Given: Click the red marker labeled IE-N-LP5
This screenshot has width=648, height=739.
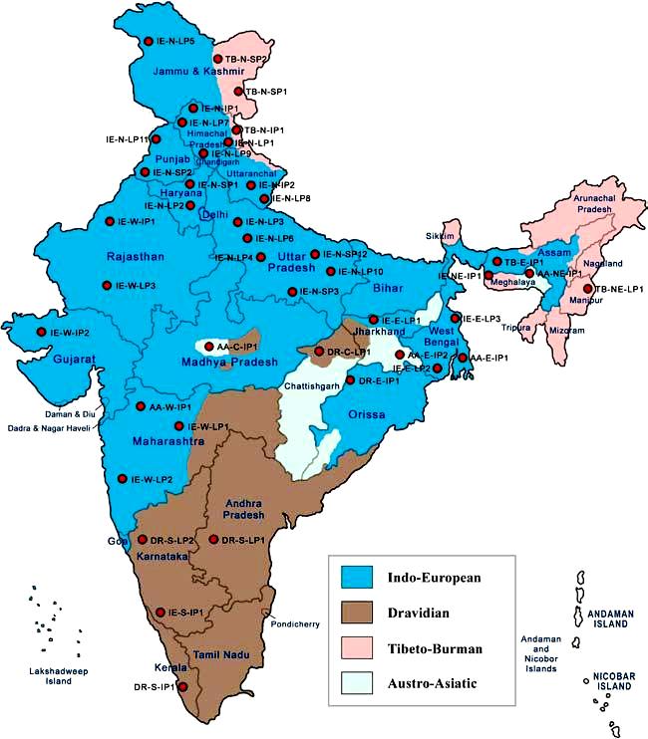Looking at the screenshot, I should point(149,42).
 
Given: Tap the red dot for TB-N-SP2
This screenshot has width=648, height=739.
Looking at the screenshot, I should point(217,59).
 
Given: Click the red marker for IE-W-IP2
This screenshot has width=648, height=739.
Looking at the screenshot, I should point(41,332).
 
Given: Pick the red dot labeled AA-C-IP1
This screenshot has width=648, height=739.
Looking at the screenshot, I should point(209,347).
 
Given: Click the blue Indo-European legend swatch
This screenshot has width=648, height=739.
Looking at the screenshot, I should point(355,576).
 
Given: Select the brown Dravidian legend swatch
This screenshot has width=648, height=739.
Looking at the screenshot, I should point(355,612).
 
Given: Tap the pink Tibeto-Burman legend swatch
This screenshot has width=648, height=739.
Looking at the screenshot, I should point(355,648).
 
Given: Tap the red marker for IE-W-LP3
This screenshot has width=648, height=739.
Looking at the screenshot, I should point(107,286).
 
